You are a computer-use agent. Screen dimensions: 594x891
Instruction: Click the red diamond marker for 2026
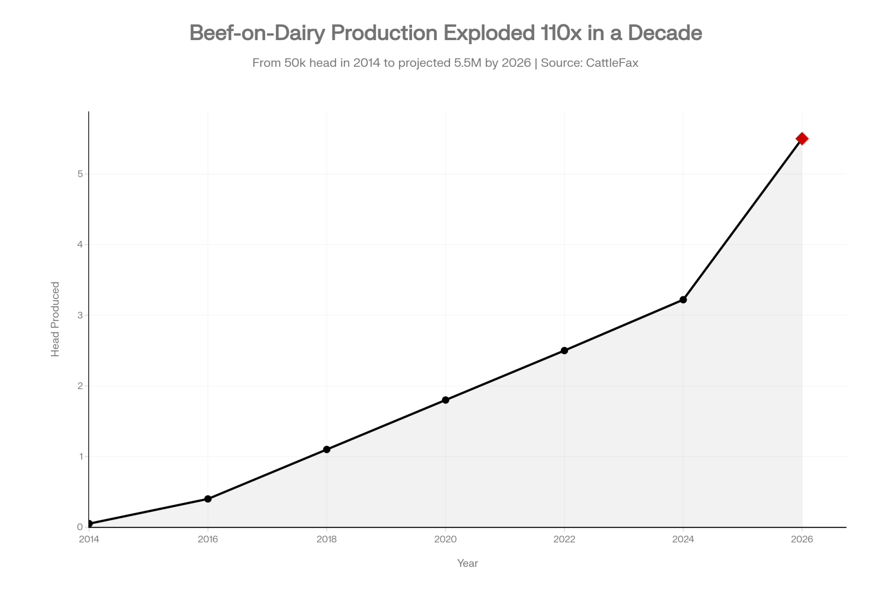[801, 139]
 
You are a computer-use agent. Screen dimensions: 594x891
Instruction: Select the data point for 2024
[683, 300]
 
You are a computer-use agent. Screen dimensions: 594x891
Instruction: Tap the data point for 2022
[564, 351]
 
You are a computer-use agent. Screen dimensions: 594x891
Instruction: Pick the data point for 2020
[445, 400]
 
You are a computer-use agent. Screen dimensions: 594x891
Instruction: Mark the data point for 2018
[327, 449]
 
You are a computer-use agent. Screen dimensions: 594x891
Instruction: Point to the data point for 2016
[208, 499]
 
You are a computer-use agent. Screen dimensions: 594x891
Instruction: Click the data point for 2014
[89, 524]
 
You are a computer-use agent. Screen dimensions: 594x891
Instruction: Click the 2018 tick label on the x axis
[327, 540]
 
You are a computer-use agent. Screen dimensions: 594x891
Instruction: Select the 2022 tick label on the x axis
[564, 540]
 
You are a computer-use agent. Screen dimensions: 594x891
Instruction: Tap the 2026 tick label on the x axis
[801, 540]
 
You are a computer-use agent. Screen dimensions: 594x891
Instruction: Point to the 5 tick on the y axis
[80, 174]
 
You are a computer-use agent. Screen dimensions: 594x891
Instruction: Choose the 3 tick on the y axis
[80, 315]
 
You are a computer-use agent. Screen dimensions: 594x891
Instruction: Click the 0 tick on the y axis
[80, 527]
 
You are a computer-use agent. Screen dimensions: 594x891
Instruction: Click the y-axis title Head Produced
[55, 319]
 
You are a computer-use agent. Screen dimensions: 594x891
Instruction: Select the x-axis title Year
[467, 563]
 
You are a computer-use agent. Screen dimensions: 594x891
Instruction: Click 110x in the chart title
[561, 33]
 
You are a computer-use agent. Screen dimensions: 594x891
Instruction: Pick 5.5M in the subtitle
[468, 63]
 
